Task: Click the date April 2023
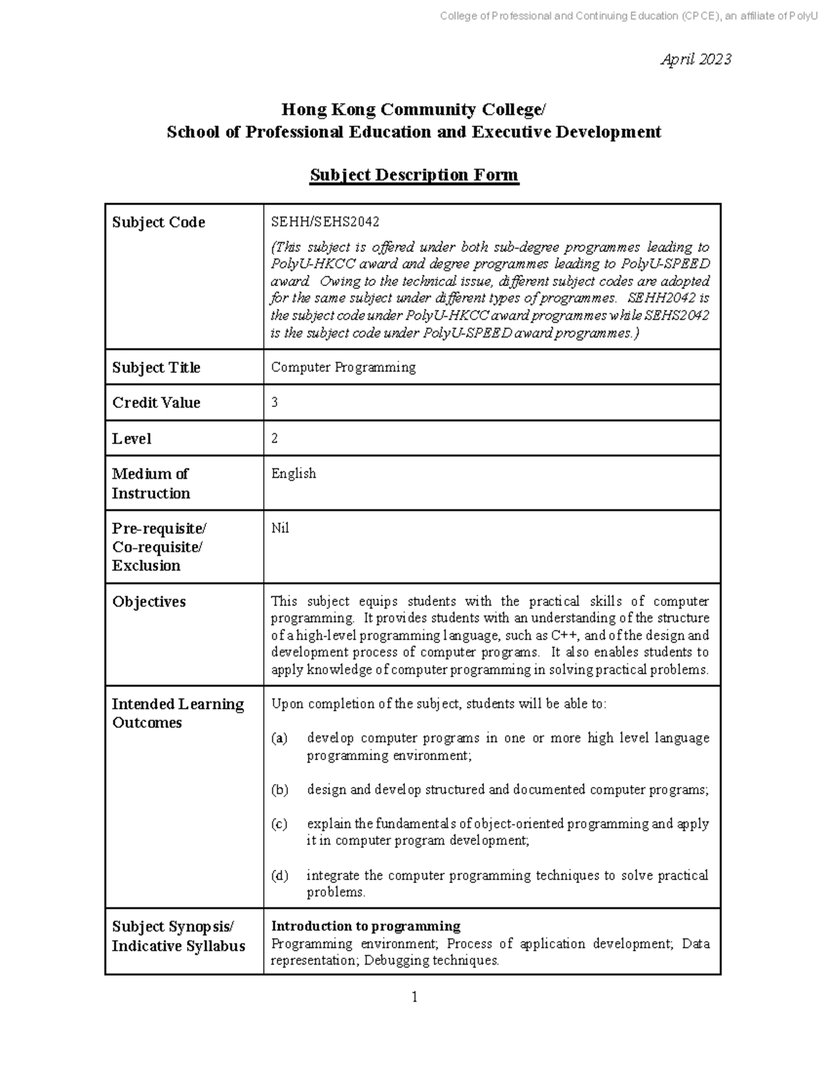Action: (x=696, y=60)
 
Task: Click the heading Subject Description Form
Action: (x=414, y=175)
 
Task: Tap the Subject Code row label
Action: (x=158, y=222)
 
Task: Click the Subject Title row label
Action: (x=156, y=368)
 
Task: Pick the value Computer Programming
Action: (x=343, y=368)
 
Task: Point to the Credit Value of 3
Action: (x=274, y=403)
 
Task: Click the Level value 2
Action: (x=274, y=439)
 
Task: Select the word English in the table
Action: (x=294, y=474)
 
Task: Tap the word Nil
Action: (x=280, y=529)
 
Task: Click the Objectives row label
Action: (x=149, y=602)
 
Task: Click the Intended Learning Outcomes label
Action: (x=178, y=713)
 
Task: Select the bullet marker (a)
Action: (x=279, y=739)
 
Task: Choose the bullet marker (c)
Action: (x=279, y=824)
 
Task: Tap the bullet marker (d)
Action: (x=279, y=876)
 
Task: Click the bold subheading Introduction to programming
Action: (x=365, y=927)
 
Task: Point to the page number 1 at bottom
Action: (x=414, y=997)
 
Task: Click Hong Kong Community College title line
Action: (x=413, y=110)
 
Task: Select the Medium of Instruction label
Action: (x=150, y=484)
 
